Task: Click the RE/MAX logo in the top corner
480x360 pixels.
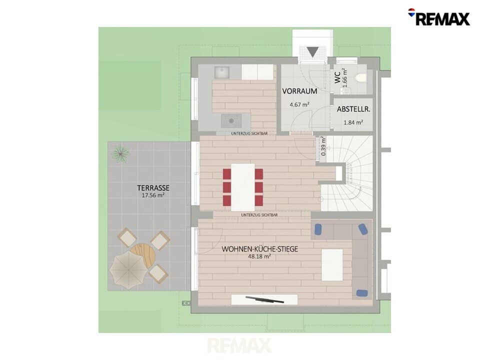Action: (438, 17)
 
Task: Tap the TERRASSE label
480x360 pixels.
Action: (153, 187)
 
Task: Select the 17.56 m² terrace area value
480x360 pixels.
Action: (153, 195)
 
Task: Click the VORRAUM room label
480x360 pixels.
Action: (299, 91)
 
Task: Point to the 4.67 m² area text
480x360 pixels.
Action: (299, 104)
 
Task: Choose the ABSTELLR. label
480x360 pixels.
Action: (353, 109)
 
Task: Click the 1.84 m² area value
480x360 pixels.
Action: (353, 122)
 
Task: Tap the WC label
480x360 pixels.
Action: (337, 77)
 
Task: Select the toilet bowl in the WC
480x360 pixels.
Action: (361, 78)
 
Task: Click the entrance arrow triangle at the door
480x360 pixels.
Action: (312, 51)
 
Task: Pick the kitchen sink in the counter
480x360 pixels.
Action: (222, 72)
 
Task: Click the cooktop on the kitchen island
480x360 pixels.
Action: (231, 121)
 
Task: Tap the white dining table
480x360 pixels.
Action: (243, 187)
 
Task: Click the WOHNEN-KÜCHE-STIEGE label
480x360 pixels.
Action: (259, 249)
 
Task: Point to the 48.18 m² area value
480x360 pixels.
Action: (259, 256)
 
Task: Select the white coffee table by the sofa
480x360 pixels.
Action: (332, 265)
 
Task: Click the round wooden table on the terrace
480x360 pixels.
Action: (143, 255)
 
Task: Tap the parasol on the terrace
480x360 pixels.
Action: (126, 270)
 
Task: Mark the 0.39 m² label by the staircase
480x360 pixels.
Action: (323, 146)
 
